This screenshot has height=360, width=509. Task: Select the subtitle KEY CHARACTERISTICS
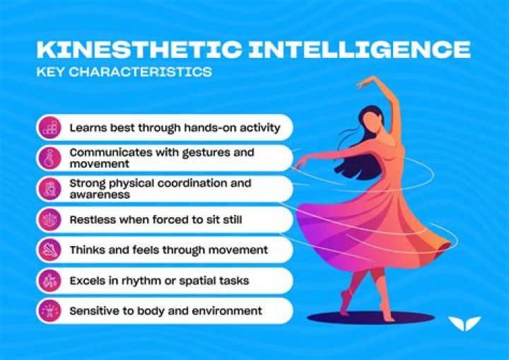[x=124, y=72]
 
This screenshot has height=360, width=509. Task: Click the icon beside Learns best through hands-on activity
[x=49, y=128]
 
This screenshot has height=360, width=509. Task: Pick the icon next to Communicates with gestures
[x=49, y=158]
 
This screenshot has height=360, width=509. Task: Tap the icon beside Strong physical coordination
[x=49, y=189]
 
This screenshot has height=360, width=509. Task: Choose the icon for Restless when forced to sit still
[x=49, y=219]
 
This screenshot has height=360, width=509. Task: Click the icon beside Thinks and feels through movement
[x=49, y=250]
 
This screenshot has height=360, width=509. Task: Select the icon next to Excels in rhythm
[x=49, y=280]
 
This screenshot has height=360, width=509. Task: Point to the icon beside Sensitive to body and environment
[x=49, y=310]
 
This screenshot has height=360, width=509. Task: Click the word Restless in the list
[x=93, y=220]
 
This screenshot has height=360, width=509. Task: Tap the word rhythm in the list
[x=163, y=281]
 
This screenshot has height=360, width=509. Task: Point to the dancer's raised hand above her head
[x=364, y=83]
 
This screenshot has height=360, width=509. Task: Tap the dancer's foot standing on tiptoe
[x=347, y=298]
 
